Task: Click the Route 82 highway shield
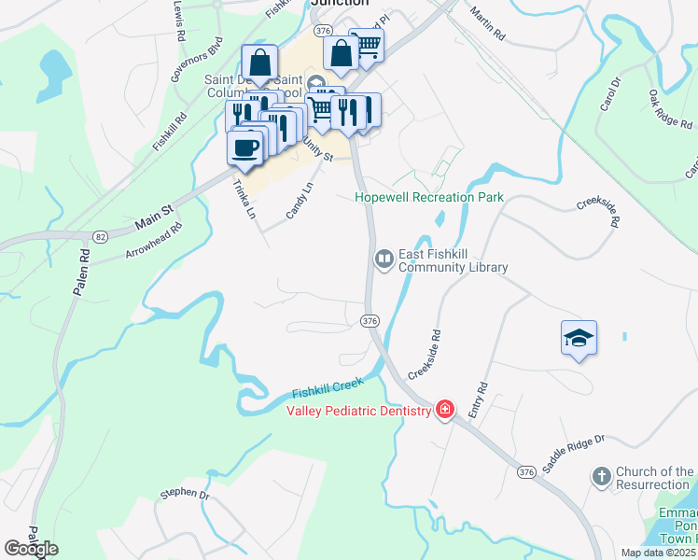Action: [101, 237]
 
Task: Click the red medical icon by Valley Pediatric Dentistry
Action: [445, 410]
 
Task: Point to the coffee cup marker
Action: [245, 147]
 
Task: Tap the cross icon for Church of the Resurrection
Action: [602, 477]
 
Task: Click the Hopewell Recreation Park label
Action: [429, 197]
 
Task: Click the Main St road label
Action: [156, 221]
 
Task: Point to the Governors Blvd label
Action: [197, 60]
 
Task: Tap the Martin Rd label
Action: [487, 23]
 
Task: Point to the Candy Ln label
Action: [300, 202]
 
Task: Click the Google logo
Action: [32, 549]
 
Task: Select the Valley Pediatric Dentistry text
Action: [358, 411]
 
